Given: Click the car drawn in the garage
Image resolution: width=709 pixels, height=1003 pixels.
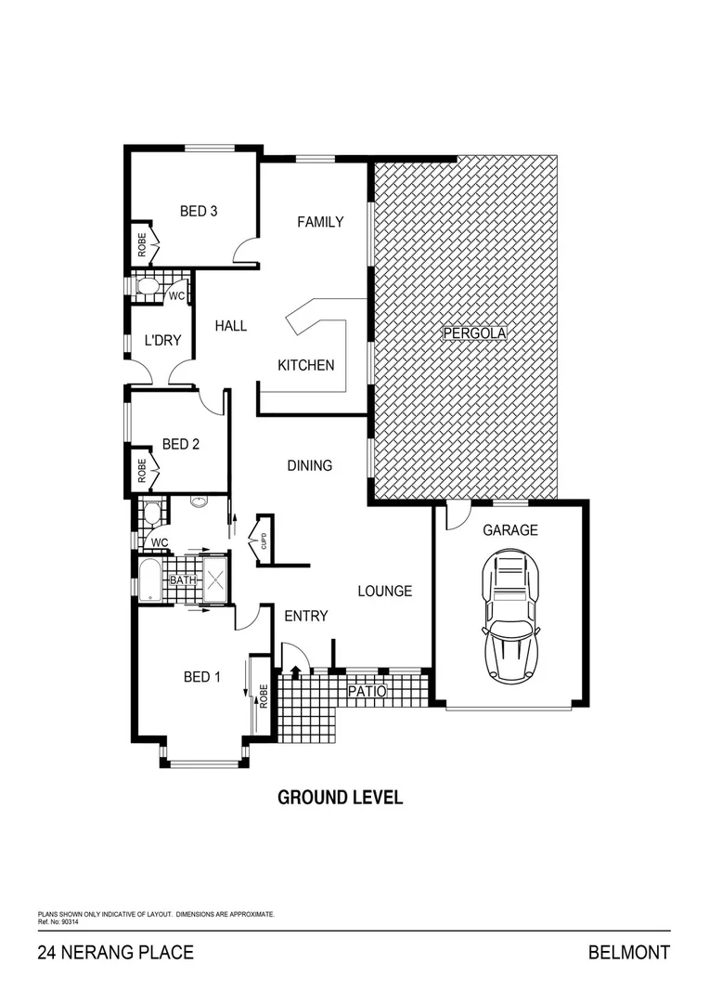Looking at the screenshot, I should click(x=510, y=615).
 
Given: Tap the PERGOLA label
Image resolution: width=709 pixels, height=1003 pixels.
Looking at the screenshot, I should click(x=468, y=332).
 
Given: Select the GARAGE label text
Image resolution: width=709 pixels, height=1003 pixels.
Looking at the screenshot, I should click(x=509, y=530).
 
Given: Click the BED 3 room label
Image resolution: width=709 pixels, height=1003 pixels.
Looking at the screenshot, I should click(x=199, y=211).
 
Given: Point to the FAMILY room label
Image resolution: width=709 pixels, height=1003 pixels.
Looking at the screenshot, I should click(x=320, y=222).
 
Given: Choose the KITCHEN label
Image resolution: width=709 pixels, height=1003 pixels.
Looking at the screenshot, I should click(x=306, y=365).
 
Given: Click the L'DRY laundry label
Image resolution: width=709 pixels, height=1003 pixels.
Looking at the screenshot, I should click(x=162, y=340).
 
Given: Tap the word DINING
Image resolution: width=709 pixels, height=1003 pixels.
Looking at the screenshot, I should click(x=309, y=465).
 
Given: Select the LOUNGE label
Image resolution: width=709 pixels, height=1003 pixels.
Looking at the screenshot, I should click(x=385, y=591).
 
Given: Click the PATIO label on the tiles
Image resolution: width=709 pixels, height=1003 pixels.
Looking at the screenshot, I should click(x=367, y=692).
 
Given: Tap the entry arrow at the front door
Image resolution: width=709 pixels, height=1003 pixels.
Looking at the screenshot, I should click(x=296, y=672).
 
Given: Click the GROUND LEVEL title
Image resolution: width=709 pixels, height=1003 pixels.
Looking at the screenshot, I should click(x=341, y=798).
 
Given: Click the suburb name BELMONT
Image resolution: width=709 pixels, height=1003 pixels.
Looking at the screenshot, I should click(x=628, y=953).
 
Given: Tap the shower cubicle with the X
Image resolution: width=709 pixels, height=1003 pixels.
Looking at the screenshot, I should click(x=215, y=580).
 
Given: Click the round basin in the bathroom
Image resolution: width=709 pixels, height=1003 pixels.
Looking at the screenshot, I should click(x=198, y=502).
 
